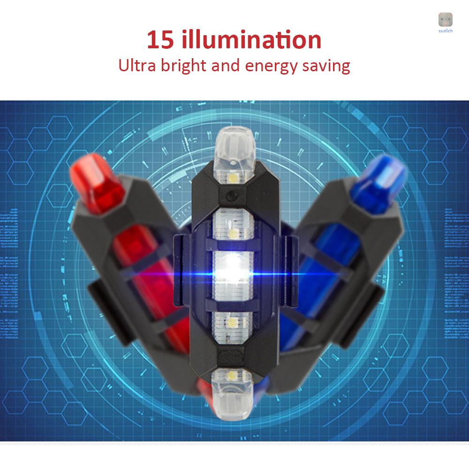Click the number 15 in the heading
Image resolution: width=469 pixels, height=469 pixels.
coord(161,40)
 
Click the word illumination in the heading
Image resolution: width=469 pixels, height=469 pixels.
coord(251,40)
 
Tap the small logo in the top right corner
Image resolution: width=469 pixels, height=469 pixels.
coord(446,20)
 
